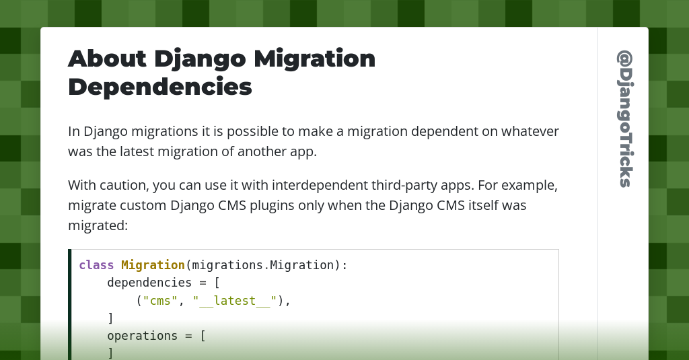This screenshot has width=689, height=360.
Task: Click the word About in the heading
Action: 107,59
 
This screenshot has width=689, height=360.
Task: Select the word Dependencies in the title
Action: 160,87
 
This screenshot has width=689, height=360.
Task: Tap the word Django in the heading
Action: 200,59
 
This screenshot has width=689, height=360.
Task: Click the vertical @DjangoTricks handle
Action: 624,118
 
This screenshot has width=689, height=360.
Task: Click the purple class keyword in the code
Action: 96,265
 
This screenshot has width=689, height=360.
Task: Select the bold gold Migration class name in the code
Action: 153,265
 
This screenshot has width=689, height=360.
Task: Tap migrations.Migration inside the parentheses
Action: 262,265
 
